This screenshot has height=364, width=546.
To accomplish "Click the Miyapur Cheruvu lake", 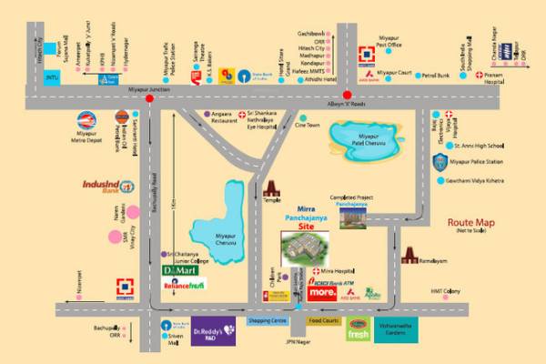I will click(218, 219).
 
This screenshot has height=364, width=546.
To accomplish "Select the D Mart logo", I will click(181, 270).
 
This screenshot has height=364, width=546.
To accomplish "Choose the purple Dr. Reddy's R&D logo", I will click(214, 330).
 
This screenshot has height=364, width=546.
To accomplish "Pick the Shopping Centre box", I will click(268, 321).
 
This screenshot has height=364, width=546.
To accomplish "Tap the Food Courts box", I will click(323, 321).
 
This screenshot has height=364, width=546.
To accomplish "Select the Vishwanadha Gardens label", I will click(403, 335).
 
